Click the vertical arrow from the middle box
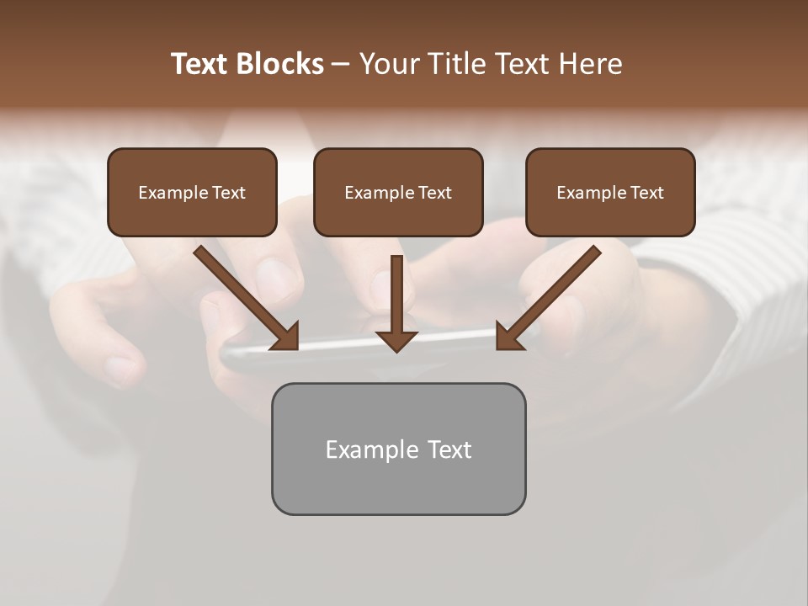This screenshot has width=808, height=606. [x=396, y=295]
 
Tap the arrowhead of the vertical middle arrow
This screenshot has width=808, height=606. [x=396, y=340]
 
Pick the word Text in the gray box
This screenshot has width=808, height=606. [x=449, y=449]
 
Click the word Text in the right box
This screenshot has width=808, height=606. [x=647, y=193]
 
